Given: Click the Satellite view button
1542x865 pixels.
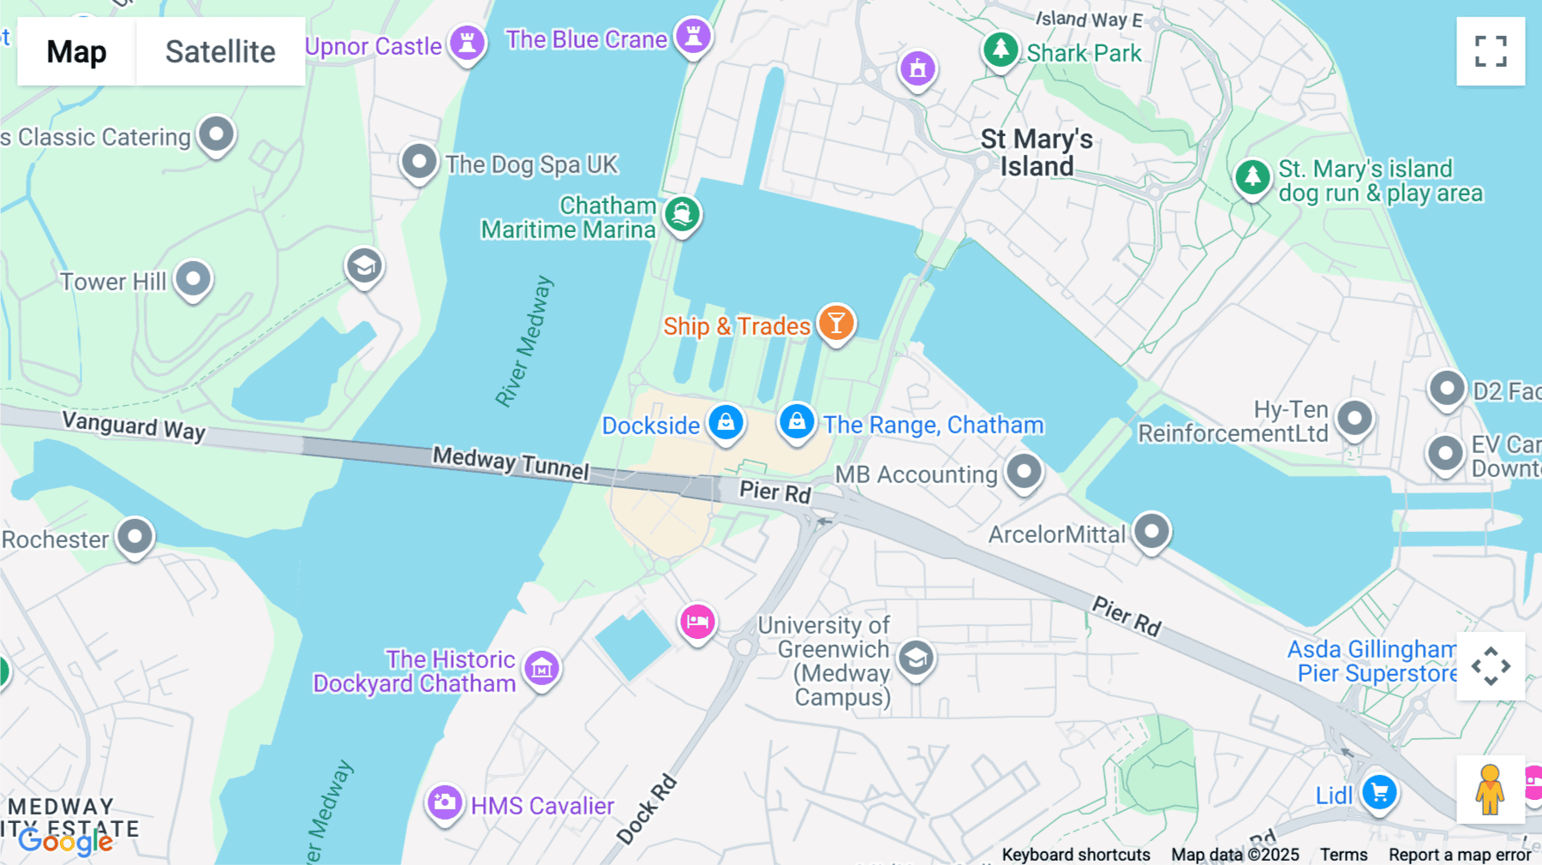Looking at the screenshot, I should pyautogui.click(x=220, y=51).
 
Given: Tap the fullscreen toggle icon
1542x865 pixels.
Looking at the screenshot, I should pyautogui.click(x=1491, y=51).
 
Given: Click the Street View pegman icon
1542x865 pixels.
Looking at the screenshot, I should pyautogui.click(x=1490, y=790).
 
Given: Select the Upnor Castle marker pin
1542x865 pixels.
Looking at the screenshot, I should pyautogui.click(x=467, y=41).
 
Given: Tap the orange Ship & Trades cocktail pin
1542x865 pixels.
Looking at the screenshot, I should pyautogui.click(x=836, y=323).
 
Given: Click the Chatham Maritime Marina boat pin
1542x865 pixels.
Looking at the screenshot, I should pyautogui.click(x=682, y=213).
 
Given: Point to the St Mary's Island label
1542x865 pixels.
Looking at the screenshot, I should pyautogui.click(x=1037, y=152).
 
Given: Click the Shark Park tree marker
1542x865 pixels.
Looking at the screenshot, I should pyautogui.click(x=1001, y=50).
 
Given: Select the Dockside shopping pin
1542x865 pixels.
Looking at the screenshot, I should pyautogui.click(x=726, y=422).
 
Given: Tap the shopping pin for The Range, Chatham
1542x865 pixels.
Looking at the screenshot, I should pyautogui.click(x=797, y=421).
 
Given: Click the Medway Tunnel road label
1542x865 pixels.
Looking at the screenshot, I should pyautogui.click(x=511, y=462).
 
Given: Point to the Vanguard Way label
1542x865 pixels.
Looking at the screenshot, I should pyautogui.click(x=134, y=425).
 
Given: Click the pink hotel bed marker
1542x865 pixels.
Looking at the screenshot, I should pyautogui.click(x=697, y=622).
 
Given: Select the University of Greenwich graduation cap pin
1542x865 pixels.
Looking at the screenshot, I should pyautogui.click(x=916, y=659).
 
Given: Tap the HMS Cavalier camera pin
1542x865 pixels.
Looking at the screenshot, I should pyautogui.click(x=445, y=803).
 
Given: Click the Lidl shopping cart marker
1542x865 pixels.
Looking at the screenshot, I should pyautogui.click(x=1379, y=792).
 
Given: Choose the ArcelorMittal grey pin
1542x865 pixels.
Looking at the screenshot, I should pyautogui.click(x=1151, y=531).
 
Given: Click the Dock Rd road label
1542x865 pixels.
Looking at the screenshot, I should pyautogui.click(x=648, y=809).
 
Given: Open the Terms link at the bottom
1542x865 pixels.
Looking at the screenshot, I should pyautogui.click(x=1343, y=855).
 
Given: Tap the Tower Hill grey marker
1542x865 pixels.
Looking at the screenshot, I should pyautogui.click(x=193, y=279).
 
